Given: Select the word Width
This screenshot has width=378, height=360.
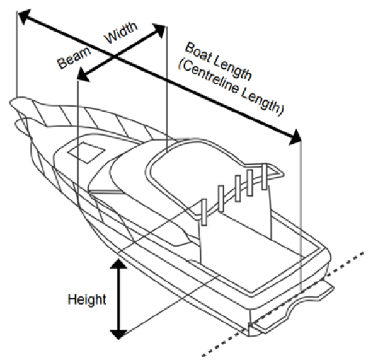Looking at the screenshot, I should coord(118,38).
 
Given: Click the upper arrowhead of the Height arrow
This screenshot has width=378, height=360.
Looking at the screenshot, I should coord(117,261).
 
